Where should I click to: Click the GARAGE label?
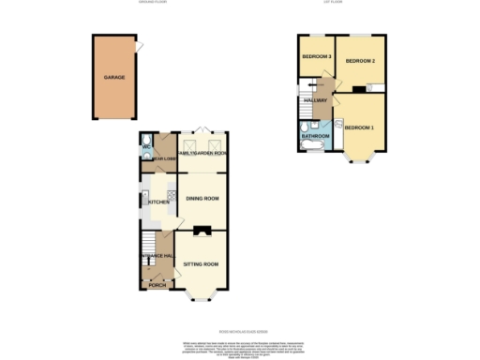(x=113, y=79)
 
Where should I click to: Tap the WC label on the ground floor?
(x=146, y=148)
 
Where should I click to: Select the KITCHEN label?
(x=157, y=202)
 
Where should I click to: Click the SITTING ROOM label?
(x=200, y=264)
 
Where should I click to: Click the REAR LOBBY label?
(x=165, y=159)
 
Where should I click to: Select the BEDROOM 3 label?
(x=317, y=58)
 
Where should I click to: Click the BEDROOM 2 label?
(x=360, y=61)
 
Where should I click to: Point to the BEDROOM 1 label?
(x=359, y=127)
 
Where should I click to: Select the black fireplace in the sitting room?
(x=200, y=229)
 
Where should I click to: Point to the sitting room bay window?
(x=199, y=297)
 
